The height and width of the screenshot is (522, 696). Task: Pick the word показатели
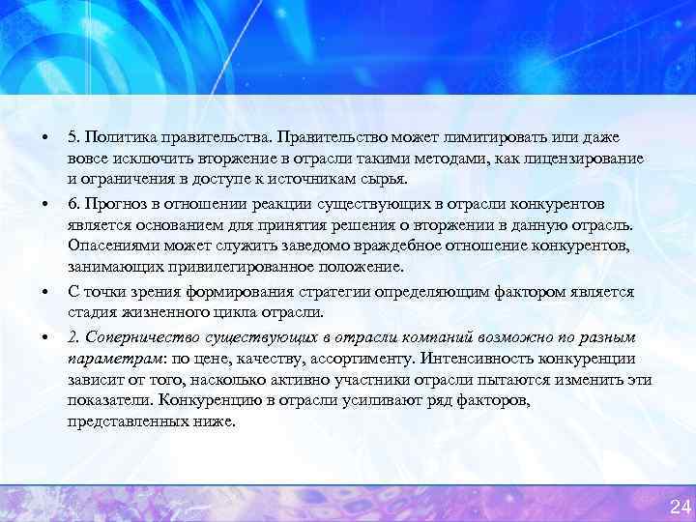pyautogui.click(x=110, y=400)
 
